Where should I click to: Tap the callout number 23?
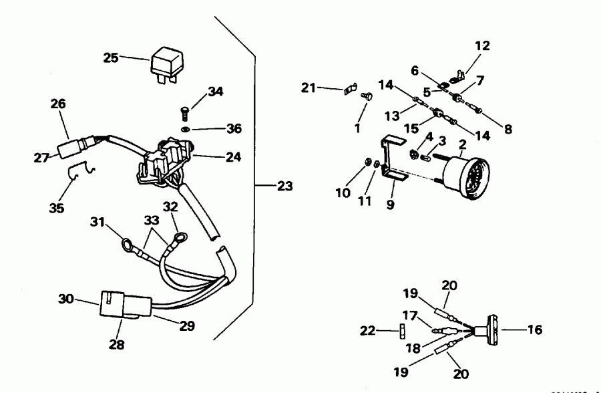pos(285,186)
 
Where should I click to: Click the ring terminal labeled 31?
pos(127,245)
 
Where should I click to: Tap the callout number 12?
pos(482,46)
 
